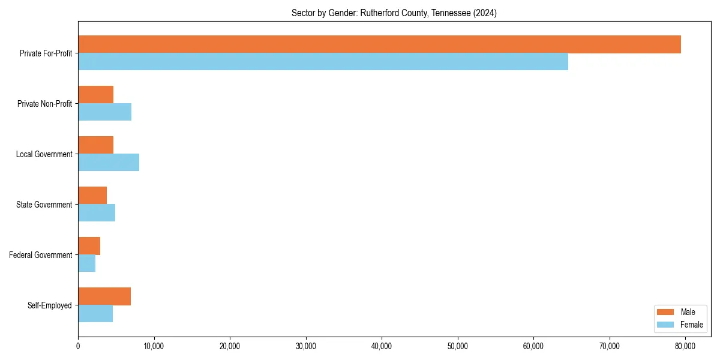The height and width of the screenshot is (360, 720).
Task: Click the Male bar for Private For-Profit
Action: pyautogui.click(x=379, y=44)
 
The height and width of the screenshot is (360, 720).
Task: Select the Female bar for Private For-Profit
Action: pyautogui.click(x=323, y=62)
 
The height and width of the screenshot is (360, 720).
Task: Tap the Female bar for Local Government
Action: pyautogui.click(x=109, y=163)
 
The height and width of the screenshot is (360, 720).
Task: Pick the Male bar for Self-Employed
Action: pyautogui.click(x=104, y=296)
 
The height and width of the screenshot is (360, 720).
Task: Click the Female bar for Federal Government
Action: pyautogui.click(x=87, y=263)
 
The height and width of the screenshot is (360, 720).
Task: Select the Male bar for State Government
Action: pyautogui.click(x=92, y=196)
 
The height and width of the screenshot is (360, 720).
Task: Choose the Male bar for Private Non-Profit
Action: pyautogui.click(x=96, y=95)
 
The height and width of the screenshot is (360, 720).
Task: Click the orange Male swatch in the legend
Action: pyautogui.click(x=666, y=312)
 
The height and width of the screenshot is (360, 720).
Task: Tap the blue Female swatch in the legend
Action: pyautogui.click(x=666, y=325)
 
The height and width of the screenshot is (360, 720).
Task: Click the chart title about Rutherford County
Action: pyautogui.click(x=394, y=13)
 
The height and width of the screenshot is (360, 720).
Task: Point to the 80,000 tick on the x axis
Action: pyautogui.click(x=685, y=346)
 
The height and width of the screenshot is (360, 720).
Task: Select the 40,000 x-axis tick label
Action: pyautogui.click(x=382, y=346)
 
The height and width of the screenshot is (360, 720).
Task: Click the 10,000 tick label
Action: pyautogui.click(x=154, y=346)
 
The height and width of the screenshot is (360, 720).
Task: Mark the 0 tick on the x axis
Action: pyautogui.click(x=78, y=346)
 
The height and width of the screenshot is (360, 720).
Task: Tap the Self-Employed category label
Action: pyautogui.click(x=50, y=305)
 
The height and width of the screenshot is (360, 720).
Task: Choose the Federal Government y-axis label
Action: pyautogui.click(x=41, y=255)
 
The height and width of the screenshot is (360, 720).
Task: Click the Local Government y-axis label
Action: pyautogui.click(x=44, y=154)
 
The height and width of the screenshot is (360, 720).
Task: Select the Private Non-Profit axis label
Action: pyautogui.click(x=45, y=104)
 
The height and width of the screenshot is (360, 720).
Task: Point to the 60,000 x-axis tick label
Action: pyautogui.click(x=533, y=346)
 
